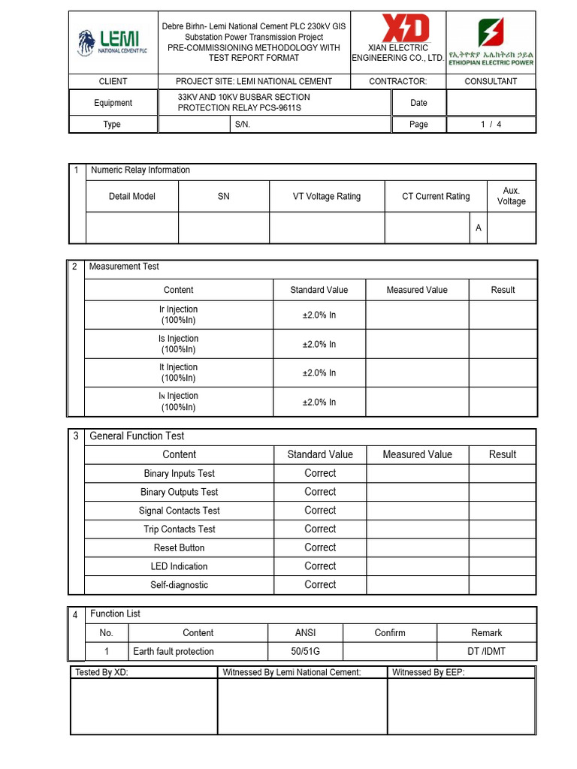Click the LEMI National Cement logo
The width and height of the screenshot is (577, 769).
click(113, 43)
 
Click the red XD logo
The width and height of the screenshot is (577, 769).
click(406, 29)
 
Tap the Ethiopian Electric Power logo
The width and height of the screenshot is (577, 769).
click(491, 43)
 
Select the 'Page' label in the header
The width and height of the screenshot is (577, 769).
click(418, 125)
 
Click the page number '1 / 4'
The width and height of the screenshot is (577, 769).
click(491, 125)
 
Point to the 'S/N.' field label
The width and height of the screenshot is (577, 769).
click(242, 125)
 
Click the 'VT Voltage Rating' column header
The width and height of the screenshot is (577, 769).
click(326, 197)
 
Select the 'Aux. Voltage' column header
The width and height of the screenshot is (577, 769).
click(511, 196)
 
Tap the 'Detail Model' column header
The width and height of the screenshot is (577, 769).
click(132, 197)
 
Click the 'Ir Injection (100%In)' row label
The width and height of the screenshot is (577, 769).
click(179, 315)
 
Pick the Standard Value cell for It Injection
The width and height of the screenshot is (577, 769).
click(319, 373)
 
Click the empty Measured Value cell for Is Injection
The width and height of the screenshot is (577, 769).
click(417, 344)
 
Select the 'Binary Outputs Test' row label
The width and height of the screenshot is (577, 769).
click(179, 492)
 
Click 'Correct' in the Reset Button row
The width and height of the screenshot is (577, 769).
click(320, 547)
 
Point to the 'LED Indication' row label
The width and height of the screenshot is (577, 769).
click(179, 566)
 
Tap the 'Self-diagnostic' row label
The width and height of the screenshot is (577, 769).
click(179, 585)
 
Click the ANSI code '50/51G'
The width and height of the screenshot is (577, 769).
click(305, 651)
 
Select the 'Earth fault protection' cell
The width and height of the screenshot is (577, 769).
click(174, 651)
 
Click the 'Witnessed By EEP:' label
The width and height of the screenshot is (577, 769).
click(428, 672)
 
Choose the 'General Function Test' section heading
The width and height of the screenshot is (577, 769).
click(137, 436)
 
